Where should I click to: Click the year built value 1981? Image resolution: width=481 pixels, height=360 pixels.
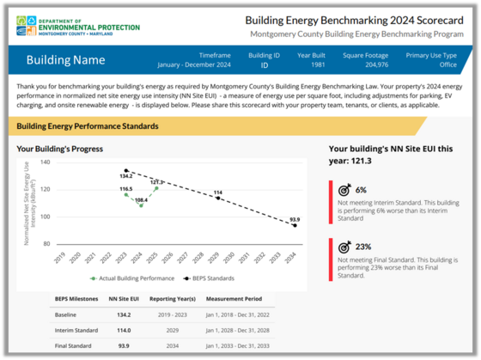(310, 64)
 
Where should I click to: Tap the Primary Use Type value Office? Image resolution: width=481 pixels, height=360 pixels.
(435, 64)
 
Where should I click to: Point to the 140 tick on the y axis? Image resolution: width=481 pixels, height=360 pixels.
(46, 162)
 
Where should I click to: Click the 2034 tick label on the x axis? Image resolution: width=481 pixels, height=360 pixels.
(294, 257)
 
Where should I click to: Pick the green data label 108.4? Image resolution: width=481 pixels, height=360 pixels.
(141, 200)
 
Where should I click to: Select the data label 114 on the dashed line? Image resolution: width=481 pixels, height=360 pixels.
(218, 192)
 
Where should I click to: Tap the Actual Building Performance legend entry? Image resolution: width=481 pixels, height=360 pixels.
(127, 278)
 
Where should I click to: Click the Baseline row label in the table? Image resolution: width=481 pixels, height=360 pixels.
(67, 315)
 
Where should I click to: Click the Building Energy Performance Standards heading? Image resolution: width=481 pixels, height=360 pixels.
(88, 126)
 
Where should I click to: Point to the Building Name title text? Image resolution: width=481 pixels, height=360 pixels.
(65, 60)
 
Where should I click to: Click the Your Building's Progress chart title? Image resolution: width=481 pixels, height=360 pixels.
(60, 148)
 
